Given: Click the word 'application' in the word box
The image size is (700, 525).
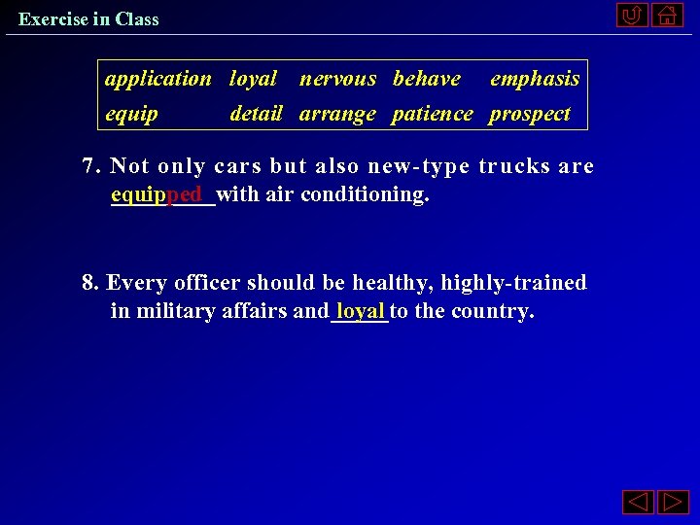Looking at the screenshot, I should point(157,79).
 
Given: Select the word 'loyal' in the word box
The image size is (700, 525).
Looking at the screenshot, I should point(253,79).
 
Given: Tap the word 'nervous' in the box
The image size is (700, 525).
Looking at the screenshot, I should point(337,79).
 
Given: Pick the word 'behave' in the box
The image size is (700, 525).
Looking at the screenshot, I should point(426,79).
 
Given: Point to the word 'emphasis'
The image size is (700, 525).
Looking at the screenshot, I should point(534,79).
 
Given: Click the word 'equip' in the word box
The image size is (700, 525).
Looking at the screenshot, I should point(131,114).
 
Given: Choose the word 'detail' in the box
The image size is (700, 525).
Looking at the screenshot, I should point(256,114).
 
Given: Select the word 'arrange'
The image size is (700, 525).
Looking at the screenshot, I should point(337,114).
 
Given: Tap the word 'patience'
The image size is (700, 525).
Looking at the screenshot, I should point(432,114).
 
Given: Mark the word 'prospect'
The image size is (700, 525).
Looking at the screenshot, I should point(530,114).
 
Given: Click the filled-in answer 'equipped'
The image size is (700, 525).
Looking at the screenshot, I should point(157,194).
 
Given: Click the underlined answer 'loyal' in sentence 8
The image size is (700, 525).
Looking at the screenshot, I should point(361,311).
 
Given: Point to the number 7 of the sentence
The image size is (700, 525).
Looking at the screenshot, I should point(91,166).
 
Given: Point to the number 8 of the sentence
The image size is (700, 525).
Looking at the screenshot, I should point(90,283).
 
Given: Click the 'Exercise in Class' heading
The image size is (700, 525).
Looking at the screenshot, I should point(88,18).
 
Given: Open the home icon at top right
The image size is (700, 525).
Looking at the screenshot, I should point(667,16).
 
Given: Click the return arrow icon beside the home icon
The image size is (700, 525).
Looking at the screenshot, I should point(632,16).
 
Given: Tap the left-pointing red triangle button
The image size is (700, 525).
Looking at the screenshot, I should point(637,503).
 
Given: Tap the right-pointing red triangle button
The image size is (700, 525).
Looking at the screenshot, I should point(672,503).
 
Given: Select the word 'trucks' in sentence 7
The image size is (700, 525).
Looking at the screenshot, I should point(514,166).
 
